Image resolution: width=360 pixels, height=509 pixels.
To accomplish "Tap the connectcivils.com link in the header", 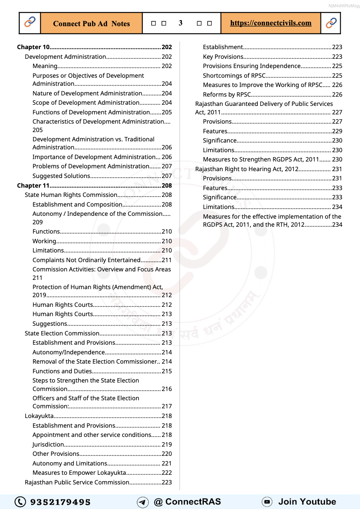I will [271, 23].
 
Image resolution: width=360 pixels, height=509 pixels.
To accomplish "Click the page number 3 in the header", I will [180, 23].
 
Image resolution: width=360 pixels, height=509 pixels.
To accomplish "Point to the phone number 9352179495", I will [60, 502].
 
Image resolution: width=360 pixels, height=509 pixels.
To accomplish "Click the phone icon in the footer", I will [20, 502].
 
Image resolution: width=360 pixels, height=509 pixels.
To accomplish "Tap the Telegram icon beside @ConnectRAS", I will [143, 502].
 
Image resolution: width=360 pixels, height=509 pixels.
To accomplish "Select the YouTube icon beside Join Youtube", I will [267, 502].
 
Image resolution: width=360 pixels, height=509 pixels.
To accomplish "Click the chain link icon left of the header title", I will [30, 23].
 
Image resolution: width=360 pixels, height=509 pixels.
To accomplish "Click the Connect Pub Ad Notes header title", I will [91, 23].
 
